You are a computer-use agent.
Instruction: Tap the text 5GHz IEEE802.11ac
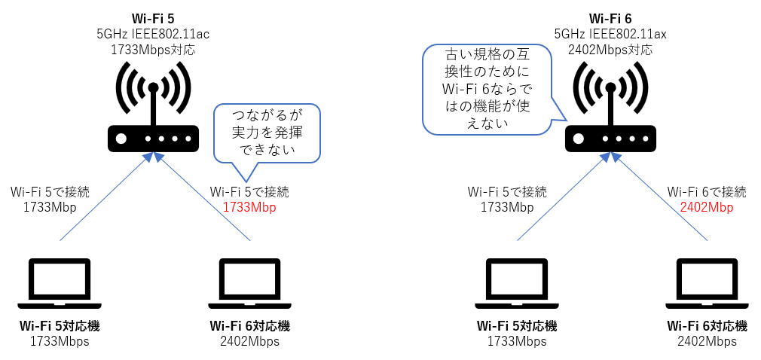152,33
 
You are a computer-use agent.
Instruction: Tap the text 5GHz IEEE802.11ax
610,33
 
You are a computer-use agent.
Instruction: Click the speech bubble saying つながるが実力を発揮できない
267,133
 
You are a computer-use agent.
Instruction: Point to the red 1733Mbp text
249,208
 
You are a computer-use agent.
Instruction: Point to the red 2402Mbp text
706,208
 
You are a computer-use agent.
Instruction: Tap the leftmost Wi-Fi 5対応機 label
60,326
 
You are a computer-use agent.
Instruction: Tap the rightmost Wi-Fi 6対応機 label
707,326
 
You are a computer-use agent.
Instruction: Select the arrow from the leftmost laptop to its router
105,198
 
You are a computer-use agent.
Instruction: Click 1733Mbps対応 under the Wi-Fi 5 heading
152,50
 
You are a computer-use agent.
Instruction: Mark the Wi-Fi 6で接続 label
706,192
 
